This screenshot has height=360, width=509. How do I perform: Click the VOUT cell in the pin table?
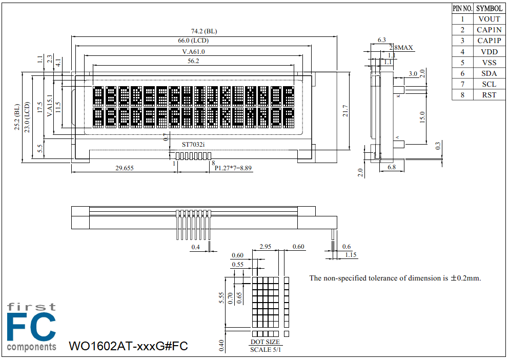tap(489, 19)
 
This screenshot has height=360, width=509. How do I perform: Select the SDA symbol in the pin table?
tap(489, 73)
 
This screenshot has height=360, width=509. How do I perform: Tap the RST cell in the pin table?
tap(489, 95)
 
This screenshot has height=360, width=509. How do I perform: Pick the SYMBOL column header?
tap(489, 8)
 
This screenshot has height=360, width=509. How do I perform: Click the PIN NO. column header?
tap(462, 8)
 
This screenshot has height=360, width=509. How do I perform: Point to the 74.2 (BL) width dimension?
tap(204, 31)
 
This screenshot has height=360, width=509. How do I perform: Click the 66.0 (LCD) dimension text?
tap(193, 41)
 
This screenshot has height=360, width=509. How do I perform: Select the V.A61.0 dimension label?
tap(193, 52)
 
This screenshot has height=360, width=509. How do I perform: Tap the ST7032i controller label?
tap(193, 145)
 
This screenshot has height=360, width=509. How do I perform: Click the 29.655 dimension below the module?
tap(125, 168)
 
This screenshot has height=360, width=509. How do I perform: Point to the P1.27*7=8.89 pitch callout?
tap(233, 168)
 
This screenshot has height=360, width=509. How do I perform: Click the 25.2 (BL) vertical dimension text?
tap(17, 117)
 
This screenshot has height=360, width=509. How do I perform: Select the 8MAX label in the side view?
tap(403, 48)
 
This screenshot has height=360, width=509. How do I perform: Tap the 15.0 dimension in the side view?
tap(422, 116)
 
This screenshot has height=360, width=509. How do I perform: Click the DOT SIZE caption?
tap(265, 342)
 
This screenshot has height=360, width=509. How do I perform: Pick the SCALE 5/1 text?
tap(265, 350)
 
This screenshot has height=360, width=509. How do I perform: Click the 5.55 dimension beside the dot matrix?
tap(221, 298)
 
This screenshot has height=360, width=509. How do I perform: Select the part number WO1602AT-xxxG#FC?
tap(128, 346)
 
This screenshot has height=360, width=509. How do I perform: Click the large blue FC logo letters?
tap(31, 327)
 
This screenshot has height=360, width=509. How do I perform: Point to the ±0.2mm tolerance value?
tap(466, 278)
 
